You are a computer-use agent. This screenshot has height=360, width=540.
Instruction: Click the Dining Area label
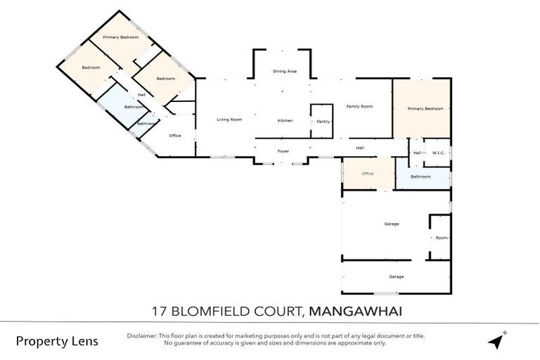click(285, 71)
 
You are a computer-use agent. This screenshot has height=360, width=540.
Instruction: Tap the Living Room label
click(229, 120)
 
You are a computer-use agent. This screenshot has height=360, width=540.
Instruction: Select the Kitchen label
click(285, 121)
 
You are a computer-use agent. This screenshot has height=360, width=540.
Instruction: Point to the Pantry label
click(323, 121)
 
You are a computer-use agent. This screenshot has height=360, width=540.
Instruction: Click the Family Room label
click(359, 106)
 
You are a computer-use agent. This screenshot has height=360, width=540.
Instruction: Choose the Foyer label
click(283, 150)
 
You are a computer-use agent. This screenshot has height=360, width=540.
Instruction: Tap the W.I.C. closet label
click(437, 153)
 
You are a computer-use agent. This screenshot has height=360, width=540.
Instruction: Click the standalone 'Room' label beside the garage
click(441, 238)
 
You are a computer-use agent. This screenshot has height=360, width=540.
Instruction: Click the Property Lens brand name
click(57, 342)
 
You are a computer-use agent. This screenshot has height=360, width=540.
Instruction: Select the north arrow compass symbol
click(498, 340)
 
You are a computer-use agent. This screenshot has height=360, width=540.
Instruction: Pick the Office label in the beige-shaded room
click(367, 174)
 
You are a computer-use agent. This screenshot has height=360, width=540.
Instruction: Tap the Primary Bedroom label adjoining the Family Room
click(425, 108)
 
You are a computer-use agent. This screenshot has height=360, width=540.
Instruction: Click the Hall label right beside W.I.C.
click(417, 153)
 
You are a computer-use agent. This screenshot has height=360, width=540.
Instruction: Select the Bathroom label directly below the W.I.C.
click(420, 176)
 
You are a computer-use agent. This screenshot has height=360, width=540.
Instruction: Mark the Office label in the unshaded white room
click(175, 136)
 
